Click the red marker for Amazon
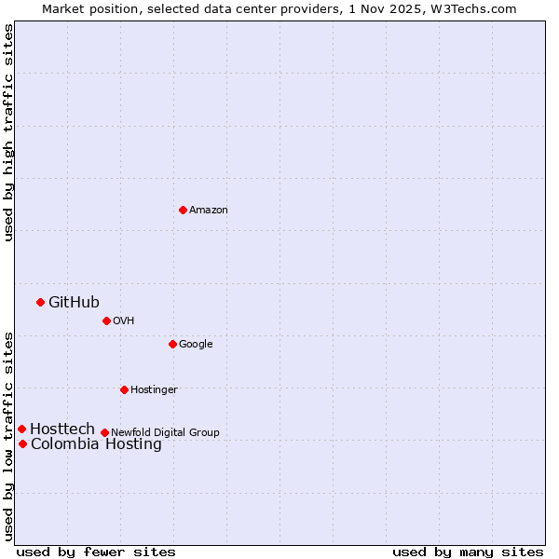coord(183,210)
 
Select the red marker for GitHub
coord(40,302)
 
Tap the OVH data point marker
coord(106,320)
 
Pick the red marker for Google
coord(172,344)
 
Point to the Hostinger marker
coord(124,389)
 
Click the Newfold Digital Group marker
coord(104,432)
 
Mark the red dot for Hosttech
coord(21,429)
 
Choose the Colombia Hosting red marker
coord(22,443)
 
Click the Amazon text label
coord(209,211)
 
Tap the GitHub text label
coord(74,302)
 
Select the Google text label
coord(196,345)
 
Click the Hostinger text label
coord(154,390)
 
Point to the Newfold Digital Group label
coord(165,433)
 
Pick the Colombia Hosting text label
coord(96,444)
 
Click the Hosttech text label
coord(62,429)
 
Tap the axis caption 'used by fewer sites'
coord(96,552)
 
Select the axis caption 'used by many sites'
coord(468,552)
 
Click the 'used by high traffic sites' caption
coord(8,132)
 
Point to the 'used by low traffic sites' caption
coord(8,436)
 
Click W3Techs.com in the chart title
coord(475,8)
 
